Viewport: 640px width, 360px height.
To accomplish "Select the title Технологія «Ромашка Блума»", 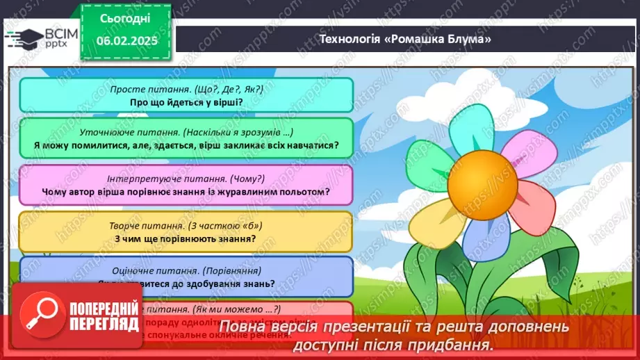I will (x=404, y=39).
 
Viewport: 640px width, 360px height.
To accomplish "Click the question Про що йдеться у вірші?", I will (x=186, y=101).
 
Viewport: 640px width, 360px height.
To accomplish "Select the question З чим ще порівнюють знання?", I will (x=186, y=238).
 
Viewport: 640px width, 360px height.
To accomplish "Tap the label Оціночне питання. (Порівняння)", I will (x=186, y=270).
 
